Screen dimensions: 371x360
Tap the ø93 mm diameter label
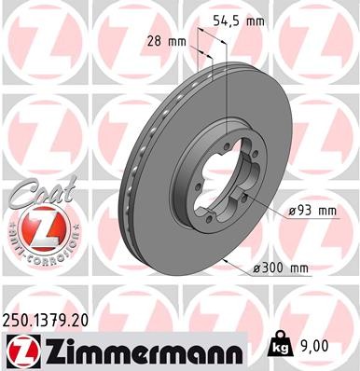coord(312,212)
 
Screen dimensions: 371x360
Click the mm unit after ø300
coord(298,268)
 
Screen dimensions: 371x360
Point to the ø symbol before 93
coord(291,212)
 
